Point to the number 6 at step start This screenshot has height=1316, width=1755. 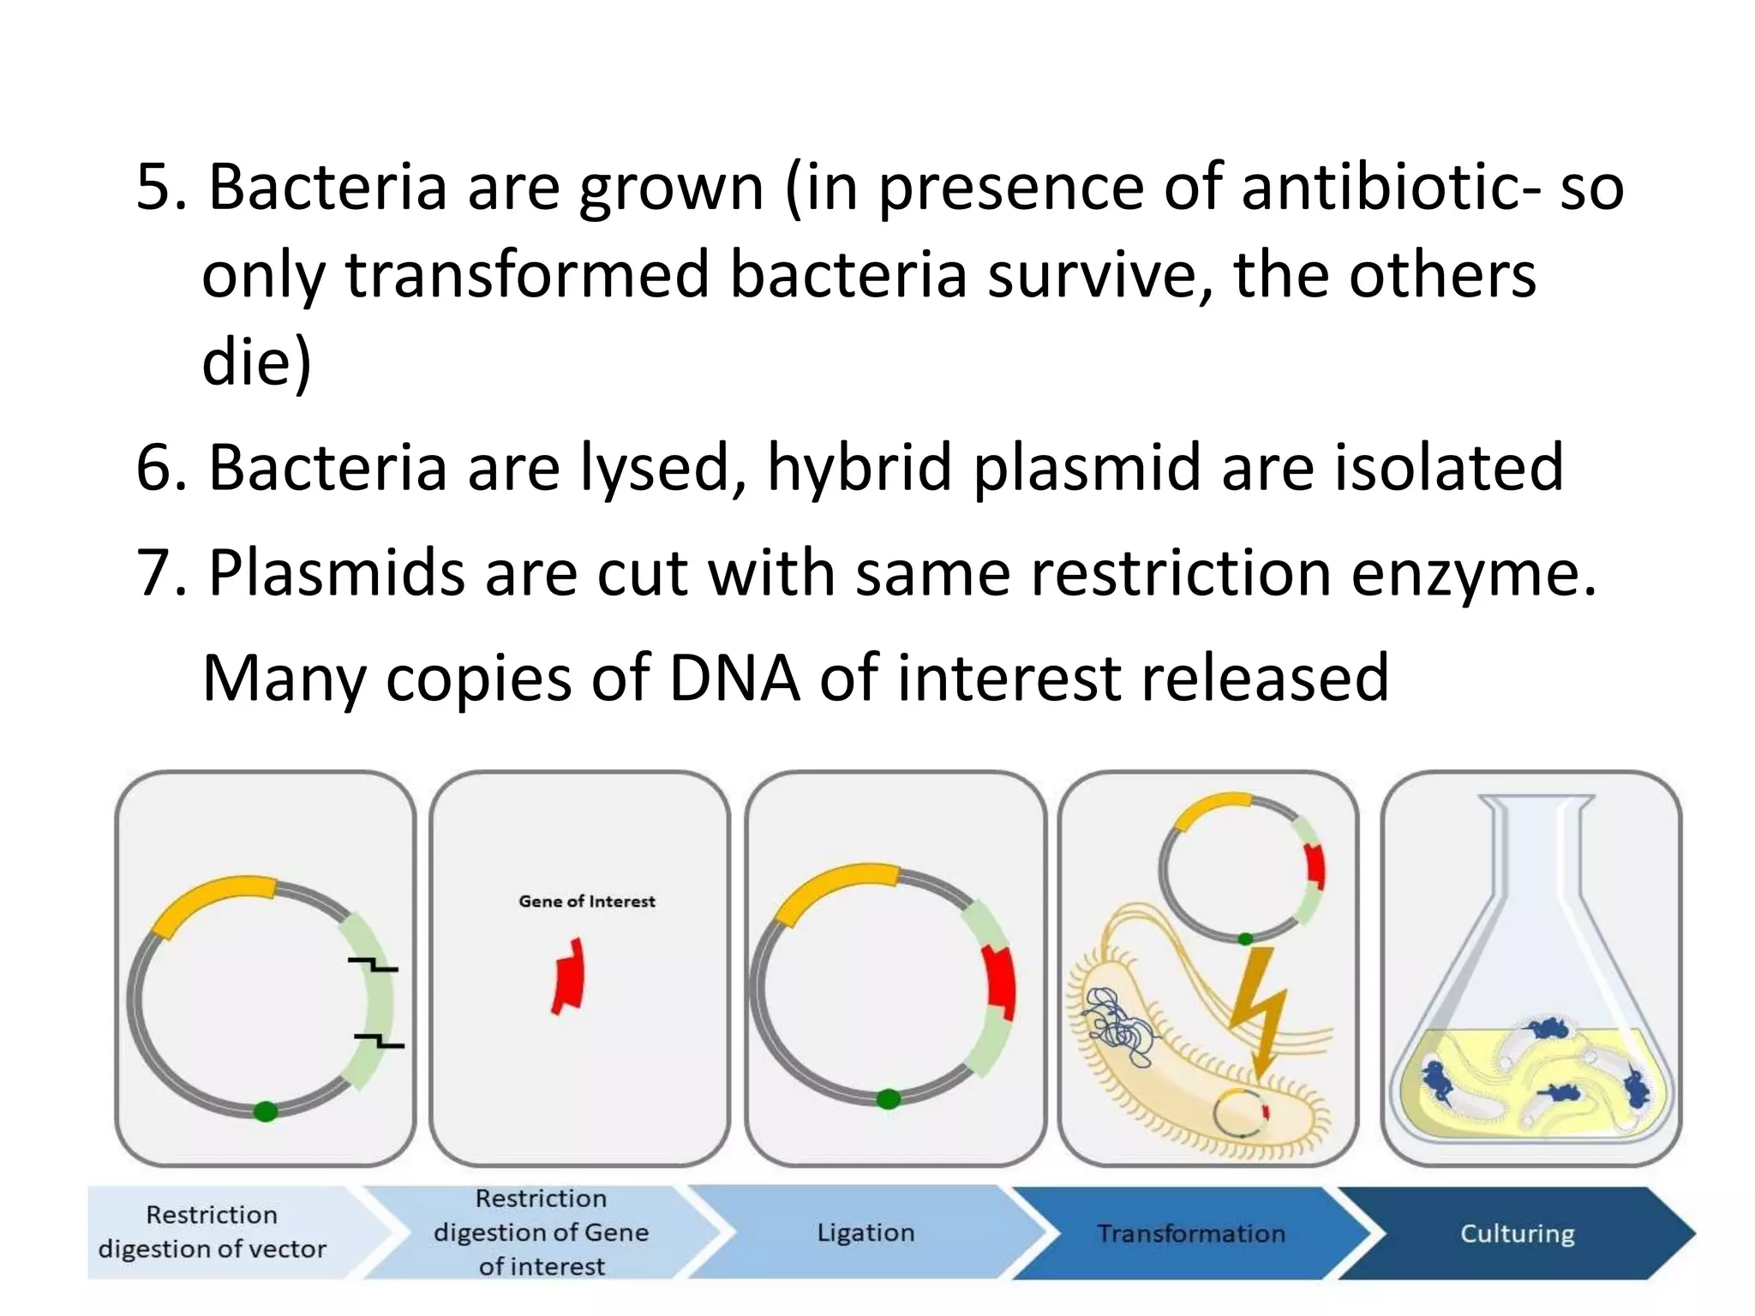[x=154, y=468]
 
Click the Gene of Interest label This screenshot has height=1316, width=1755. [x=586, y=901]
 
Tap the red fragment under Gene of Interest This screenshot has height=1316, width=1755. [x=568, y=978]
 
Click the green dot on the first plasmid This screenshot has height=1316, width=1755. [x=266, y=1111]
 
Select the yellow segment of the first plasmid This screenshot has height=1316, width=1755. [x=214, y=902]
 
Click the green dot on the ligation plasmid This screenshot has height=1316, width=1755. [x=889, y=1099]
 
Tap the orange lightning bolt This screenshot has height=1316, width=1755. [x=1257, y=1011]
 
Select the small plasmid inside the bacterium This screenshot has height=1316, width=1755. [x=1239, y=1112]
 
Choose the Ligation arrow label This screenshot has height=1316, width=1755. [x=866, y=1233]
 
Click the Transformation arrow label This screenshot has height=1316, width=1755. [x=1191, y=1234]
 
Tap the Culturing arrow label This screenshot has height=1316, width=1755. [x=1517, y=1234]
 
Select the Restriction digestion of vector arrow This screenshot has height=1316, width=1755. [x=213, y=1232]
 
